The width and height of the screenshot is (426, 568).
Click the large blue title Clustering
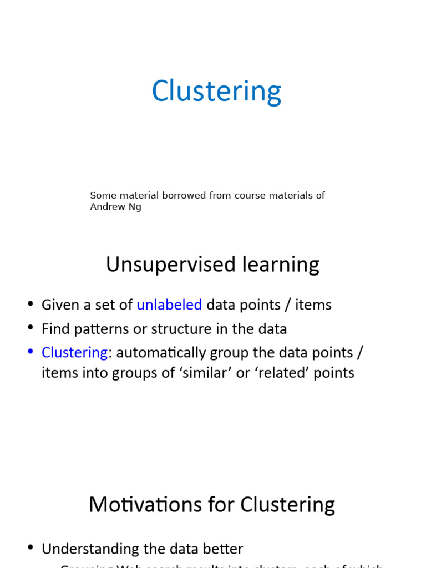[216, 91]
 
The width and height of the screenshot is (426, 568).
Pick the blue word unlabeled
[169, 305]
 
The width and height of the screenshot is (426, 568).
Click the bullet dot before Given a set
[31, 305]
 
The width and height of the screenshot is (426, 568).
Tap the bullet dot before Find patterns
[31, 328]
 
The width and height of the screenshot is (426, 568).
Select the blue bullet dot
[31, 352]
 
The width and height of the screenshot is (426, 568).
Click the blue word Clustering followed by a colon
[74, 352]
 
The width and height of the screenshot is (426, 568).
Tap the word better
[224, 549]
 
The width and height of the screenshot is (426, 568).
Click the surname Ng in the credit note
[135, 207]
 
